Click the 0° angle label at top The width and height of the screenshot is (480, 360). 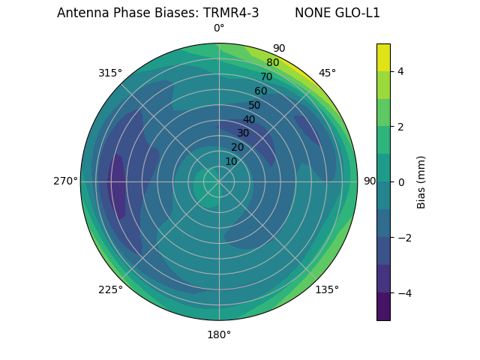[x=219, y=28]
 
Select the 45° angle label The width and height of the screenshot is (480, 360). [x=328, y=73]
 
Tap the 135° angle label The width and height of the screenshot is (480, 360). [x=327, y=289]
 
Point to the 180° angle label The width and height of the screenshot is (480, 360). [x=219, y=334]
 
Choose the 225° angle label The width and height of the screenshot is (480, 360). [x=110, y=290]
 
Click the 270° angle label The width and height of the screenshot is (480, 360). [x=65, y=181]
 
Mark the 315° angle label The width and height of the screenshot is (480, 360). [x=110, y=73]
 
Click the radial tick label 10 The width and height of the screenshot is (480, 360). [x=231, y=161]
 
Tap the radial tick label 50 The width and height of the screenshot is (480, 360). [x=254, y=105]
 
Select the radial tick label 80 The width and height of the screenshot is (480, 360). [x=272, y=62]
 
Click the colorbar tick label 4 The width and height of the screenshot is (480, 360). [x=401, y=71]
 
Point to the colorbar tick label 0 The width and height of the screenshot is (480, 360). [x=401, y=181]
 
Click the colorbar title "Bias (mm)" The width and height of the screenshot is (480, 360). [x=421, y=181]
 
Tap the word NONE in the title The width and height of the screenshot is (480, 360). [x=310, y=13]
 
